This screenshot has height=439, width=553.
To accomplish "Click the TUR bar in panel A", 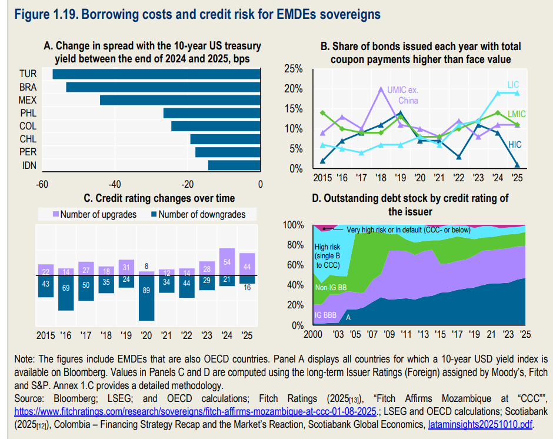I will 156,74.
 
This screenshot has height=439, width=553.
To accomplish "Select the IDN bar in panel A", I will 234,165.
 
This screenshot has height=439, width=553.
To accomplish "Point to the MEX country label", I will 28,100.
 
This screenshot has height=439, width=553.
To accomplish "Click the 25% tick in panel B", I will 294,69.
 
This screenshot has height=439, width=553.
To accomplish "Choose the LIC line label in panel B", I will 513,85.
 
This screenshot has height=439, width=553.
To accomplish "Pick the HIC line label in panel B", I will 515,145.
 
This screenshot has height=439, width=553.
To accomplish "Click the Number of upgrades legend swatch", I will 56,215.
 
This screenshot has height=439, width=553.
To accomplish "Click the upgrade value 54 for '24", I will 227,262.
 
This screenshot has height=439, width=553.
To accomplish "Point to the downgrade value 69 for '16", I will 66,289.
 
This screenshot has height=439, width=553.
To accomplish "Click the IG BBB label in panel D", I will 326,316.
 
